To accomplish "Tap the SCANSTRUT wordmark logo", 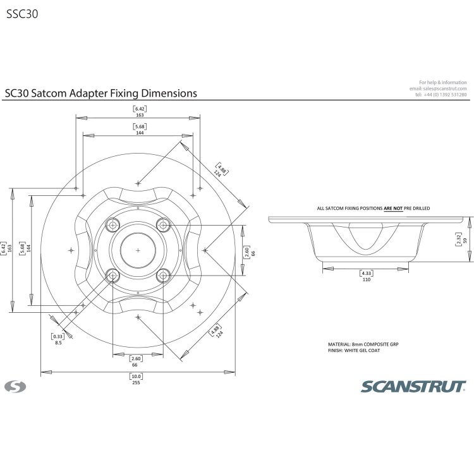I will point(413,386).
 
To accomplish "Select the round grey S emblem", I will point(13,385).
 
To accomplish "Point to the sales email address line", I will point(438,88).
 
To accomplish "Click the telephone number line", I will point(441,95).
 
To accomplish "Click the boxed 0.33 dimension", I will point(58,336).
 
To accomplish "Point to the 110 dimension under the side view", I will point(365,279).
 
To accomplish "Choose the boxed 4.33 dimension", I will point(365,272).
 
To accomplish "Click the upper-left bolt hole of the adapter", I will point(113,225).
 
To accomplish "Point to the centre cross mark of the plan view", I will point(137,250).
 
